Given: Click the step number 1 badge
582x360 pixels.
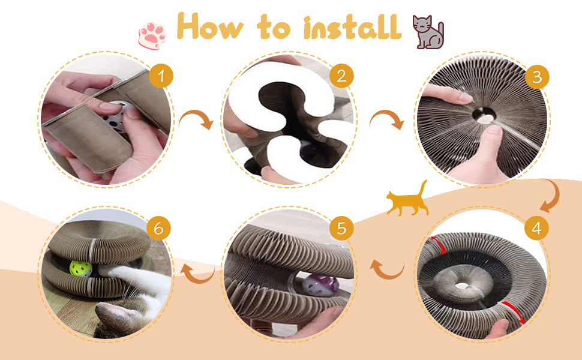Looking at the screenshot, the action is tap(161, 76).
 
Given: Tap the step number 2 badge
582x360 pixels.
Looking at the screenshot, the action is tap(341, 76).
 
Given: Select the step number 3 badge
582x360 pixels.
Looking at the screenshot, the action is tap(537, 77).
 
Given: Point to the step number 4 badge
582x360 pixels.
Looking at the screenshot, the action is tap(536, 228).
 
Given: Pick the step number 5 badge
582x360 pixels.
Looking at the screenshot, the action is tap(341, 228).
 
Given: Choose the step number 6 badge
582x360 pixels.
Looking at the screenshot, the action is tap(158, 228).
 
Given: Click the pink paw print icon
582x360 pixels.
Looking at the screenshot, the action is tap(152, 36).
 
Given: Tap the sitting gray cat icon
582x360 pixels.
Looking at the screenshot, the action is tap(428, 32).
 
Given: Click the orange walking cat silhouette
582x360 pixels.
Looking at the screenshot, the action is tap(407, 199).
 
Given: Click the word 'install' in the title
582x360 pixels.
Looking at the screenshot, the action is tap(352, 27).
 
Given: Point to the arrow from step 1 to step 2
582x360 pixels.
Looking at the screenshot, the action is tap(197, 117).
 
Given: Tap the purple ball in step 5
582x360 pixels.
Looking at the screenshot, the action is tap(320, 285).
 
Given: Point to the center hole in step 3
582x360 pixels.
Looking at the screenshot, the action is tap(484, 115).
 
